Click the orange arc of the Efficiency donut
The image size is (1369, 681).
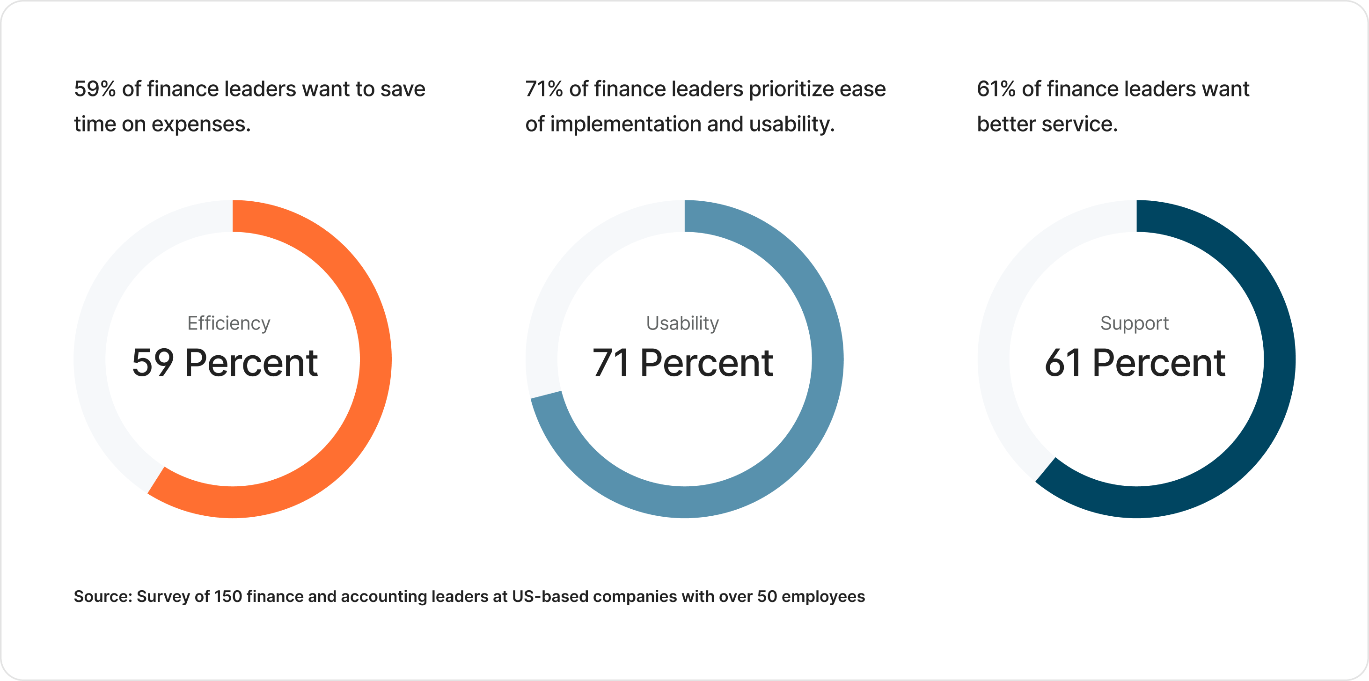(375, 359)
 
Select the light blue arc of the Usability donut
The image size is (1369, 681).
(827, 359)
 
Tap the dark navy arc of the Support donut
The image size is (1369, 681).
(1279, 359)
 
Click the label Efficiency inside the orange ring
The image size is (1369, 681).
(228, 323)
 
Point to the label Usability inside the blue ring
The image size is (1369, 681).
(682, 323)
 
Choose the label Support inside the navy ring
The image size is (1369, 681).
(1134, 323)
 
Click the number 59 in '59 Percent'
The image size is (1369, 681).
(153, 363)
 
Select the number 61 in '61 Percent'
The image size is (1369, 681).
(1062, 363)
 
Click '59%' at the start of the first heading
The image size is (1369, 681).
(95, 89)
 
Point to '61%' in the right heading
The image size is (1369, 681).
(996, 89)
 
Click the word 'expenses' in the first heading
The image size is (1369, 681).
(200, 124)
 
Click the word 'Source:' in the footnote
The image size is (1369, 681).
(102, 596)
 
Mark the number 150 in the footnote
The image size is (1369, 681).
(228, 596)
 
